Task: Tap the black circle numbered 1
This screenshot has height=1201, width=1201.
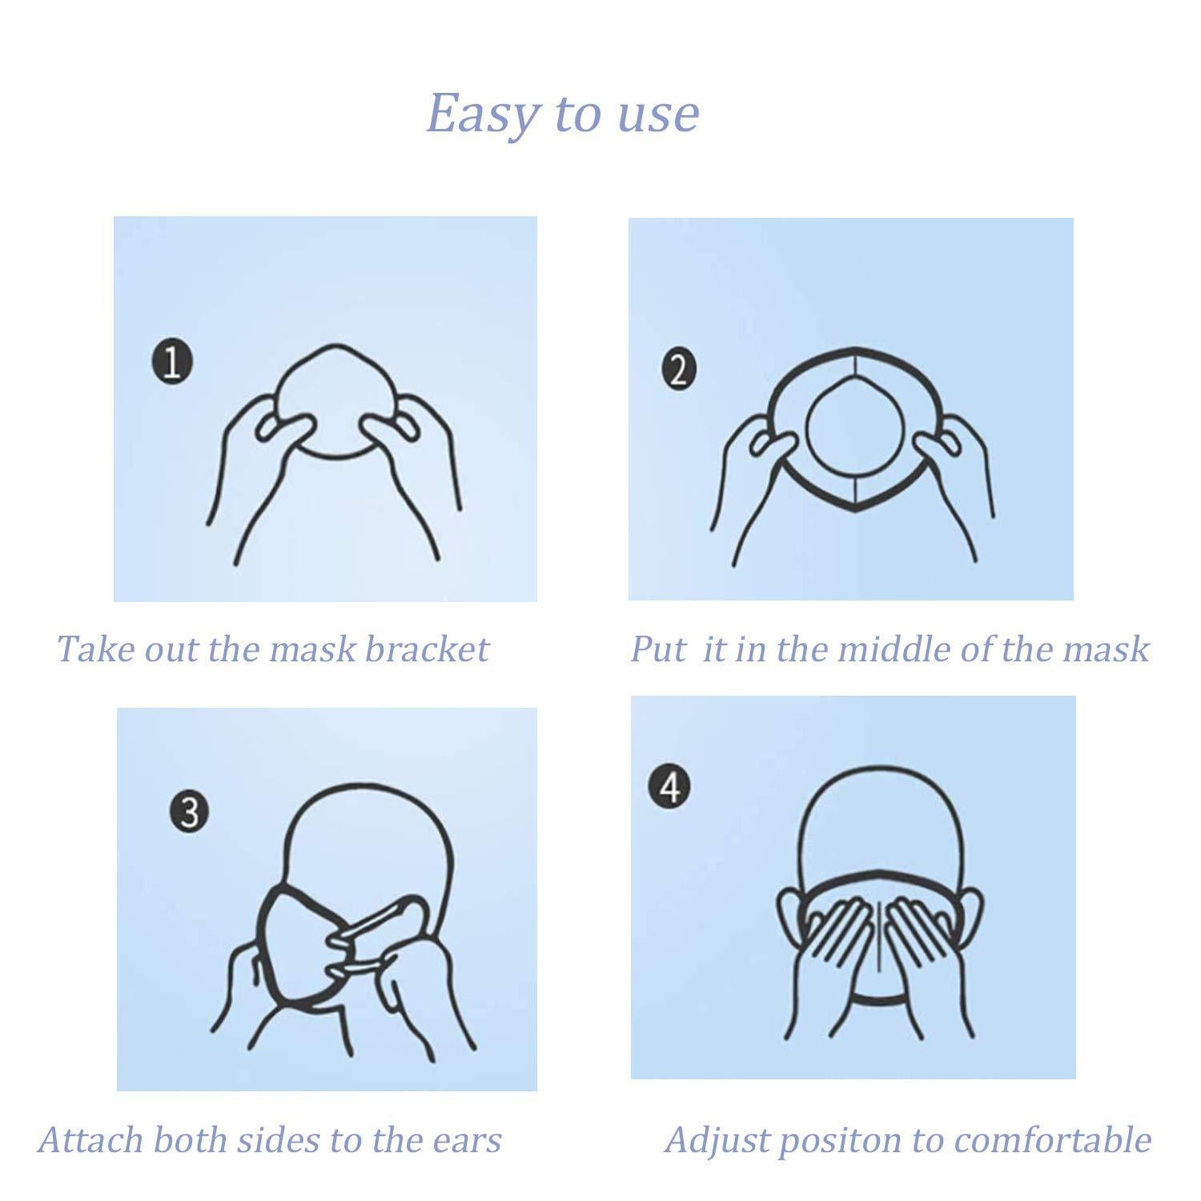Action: point(171,362)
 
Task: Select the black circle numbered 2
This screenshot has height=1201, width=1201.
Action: point(679,371)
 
